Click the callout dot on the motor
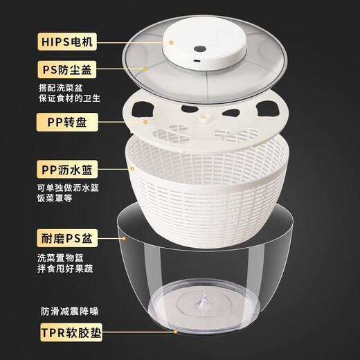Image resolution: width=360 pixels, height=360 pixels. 171,42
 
